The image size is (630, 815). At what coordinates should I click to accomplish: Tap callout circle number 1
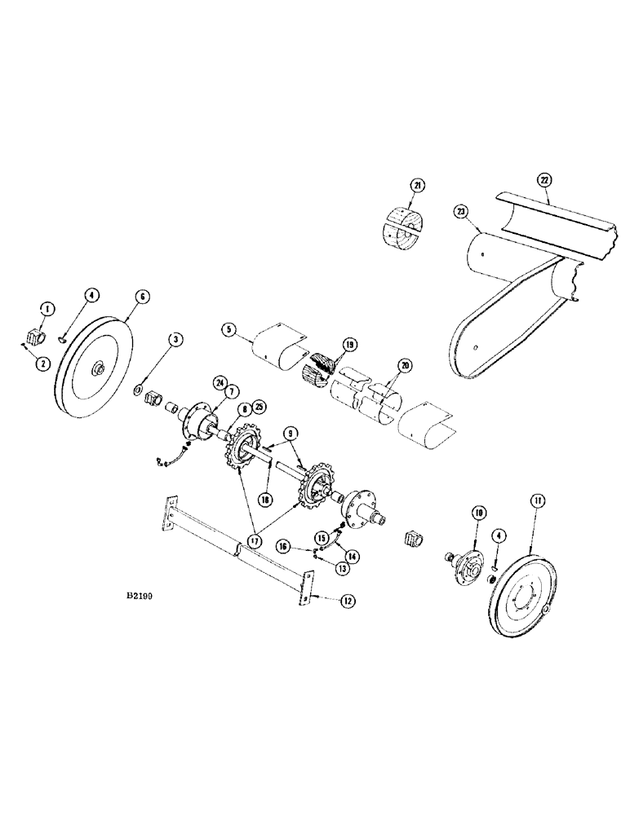pos(48,308)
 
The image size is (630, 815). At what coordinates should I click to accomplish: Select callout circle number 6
pos(142,297)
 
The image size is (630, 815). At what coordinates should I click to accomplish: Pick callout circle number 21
pos(418,186)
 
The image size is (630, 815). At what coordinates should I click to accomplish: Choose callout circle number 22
pos(543,178)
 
